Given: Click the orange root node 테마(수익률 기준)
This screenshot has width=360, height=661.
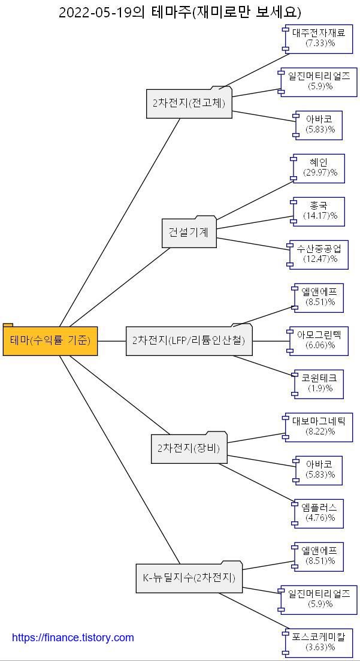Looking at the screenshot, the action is [50, 340].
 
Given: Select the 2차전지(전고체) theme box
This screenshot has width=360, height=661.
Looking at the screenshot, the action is [189, 103].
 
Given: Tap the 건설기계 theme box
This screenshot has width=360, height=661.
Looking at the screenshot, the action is [189, 233].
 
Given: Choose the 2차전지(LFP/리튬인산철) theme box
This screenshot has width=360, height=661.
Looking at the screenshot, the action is [189, 340].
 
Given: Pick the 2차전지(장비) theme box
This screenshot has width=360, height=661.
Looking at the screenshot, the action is [189, 448].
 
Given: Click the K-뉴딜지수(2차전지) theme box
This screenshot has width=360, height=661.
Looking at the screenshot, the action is [189, 578].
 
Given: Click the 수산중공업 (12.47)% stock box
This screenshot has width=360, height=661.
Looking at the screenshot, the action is [318, 254].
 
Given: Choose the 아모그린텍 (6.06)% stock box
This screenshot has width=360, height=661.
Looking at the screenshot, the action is [318, 340].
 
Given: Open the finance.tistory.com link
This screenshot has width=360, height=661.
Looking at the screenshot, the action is [73, 638].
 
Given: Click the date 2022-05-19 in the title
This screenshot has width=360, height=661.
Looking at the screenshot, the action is [95, 12].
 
